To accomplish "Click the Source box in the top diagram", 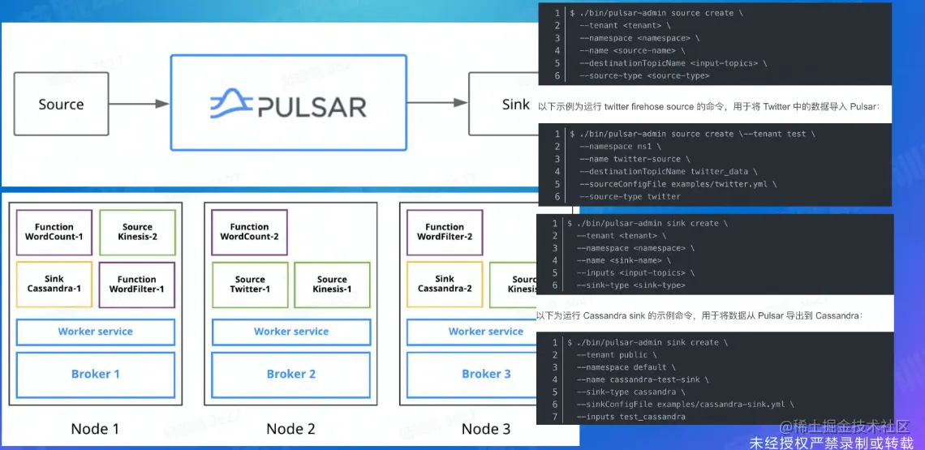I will tap(61, 104).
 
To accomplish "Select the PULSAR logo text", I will tap(312, 106).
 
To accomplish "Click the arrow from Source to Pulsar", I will tap(138, 104).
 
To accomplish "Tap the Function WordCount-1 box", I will tap(54, 232).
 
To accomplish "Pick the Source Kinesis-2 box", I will tap(137, 232).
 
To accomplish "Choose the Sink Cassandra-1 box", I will tap(54, 284).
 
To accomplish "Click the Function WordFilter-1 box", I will tap(137, 284).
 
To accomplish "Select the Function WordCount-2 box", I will tap(249, 232).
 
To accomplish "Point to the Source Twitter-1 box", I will tap(250, 284).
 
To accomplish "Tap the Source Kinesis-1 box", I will tap(332, 284).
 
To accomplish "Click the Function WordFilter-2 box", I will tap(445, 232).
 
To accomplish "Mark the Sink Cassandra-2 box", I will tap(445, 284).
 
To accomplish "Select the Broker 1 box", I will tap(96, 374).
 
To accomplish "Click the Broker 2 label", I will tap(291, 374).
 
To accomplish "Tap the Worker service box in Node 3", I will tap(485, 332).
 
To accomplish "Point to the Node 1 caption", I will tap(95, 429).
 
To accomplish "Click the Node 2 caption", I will tap(290, 429).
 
